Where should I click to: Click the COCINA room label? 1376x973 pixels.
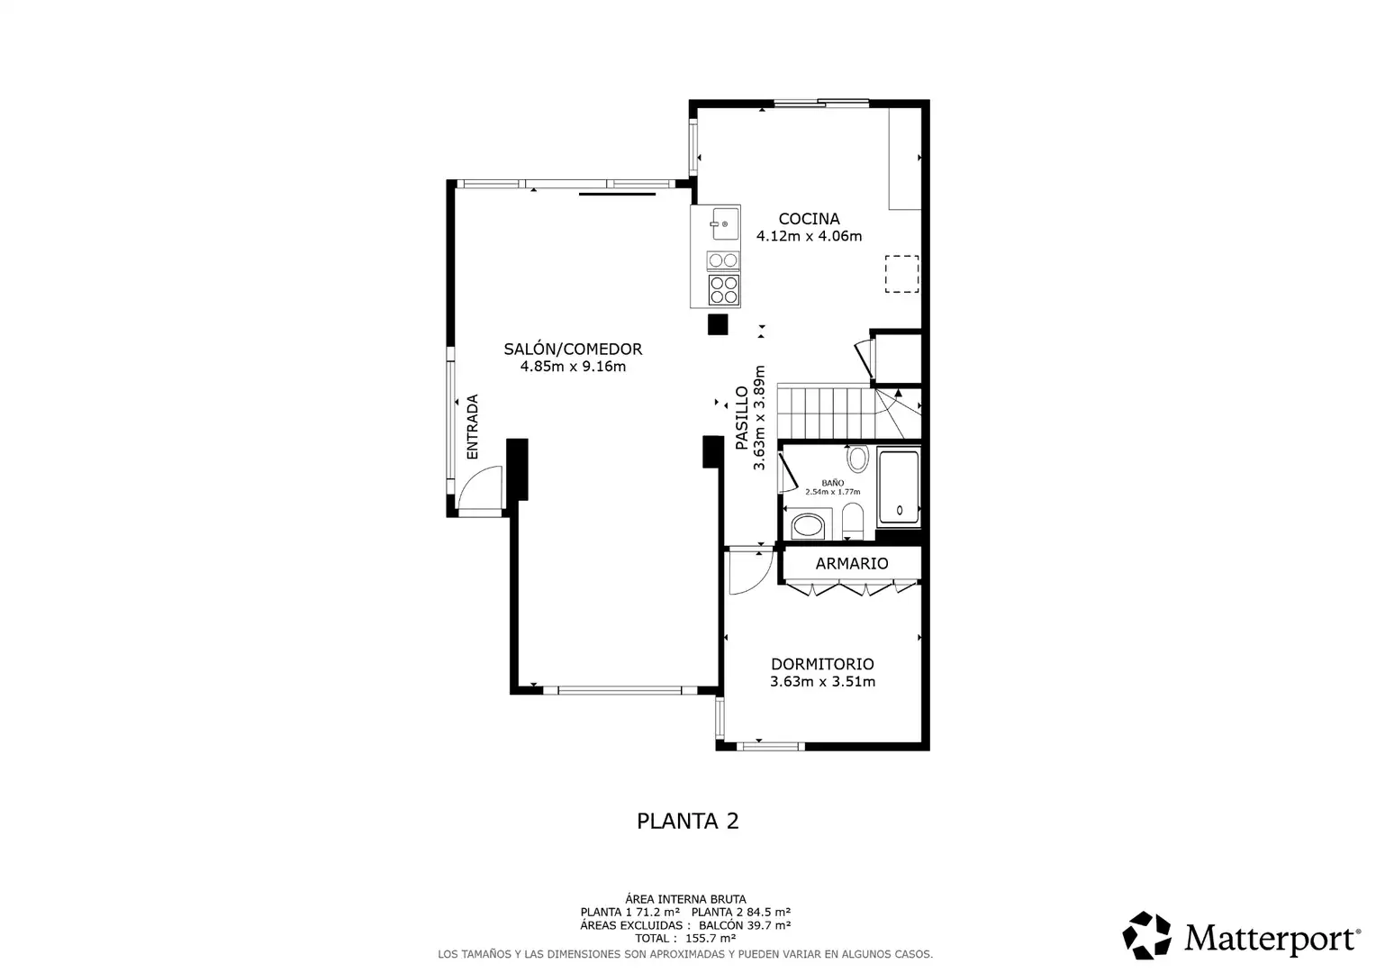pos(809,219)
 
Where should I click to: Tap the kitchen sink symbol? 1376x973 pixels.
pos(725,223)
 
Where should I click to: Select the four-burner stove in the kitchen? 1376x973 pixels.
pos(724,290)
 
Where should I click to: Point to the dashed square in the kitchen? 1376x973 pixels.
pos(901,274)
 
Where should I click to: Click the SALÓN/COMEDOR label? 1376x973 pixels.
pos(573,350)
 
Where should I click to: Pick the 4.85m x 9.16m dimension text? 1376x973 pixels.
pos(573,367)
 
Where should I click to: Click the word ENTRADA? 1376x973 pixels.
pos(472,426)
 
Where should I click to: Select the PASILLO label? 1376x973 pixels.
pos(741,418)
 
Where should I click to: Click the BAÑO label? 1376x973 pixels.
pos(832,483)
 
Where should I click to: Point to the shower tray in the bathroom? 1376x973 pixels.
pos(899,488)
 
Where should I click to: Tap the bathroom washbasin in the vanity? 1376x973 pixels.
pos(808,526)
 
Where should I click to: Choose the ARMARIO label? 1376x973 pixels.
pos(851,564)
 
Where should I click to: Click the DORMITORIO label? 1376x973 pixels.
pos(822,664)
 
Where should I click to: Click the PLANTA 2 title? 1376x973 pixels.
pos(687,821)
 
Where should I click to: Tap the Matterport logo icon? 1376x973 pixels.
pos(1146,935)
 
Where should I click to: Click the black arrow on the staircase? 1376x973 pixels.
pos(898,392)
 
